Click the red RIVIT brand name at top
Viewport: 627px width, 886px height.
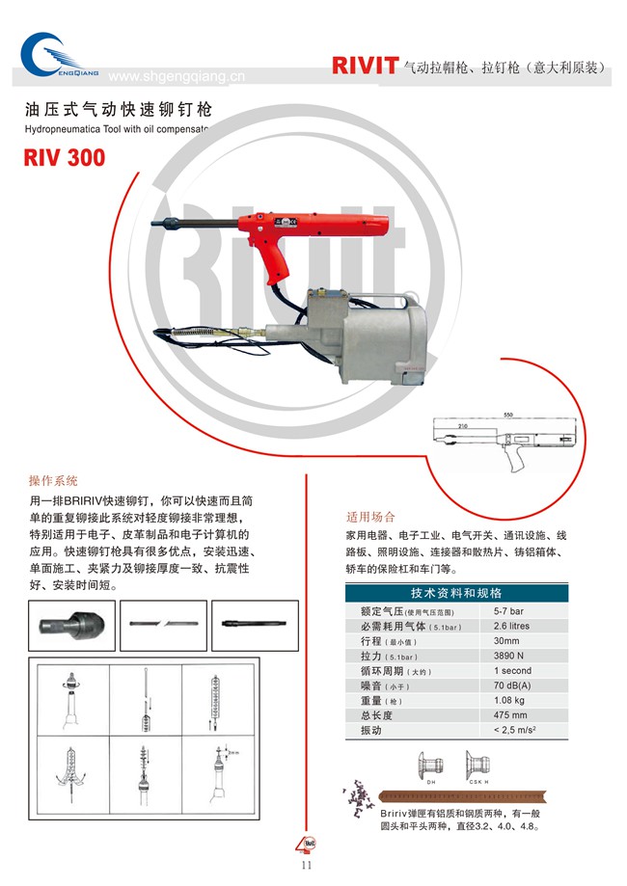click(365, 66)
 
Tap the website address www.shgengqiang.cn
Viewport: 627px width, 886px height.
click(177, 77)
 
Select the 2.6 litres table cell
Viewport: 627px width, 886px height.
click(511, 626)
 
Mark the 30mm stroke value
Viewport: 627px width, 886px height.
click(506, 640)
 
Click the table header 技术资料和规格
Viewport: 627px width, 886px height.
click(456, 593)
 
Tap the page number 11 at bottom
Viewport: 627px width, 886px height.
click(308, 865)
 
